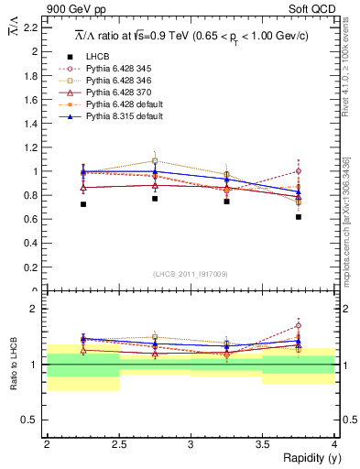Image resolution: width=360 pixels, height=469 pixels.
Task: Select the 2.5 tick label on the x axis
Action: (x=118, y=444)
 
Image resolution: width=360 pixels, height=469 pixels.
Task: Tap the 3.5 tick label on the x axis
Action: (x=261, y=444)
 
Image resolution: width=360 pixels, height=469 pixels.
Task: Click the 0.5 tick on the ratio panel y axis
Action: (x=34, y=420)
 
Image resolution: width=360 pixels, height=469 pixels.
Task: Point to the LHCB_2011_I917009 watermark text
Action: (x=191, y=274)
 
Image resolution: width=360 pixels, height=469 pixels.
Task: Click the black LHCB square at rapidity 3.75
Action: (x=299, y=217)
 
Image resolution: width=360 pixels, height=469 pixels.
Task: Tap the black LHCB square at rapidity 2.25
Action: (x=83, y=204)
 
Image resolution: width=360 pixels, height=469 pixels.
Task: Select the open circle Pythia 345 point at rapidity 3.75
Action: (x=299, y=170)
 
